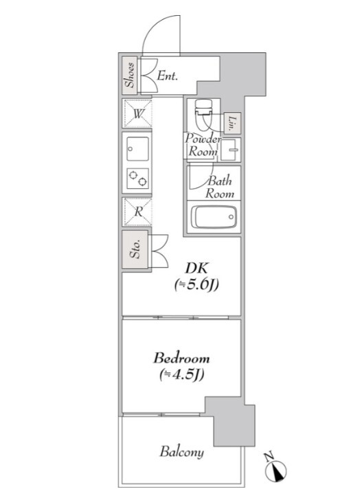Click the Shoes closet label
[x=130, y=76]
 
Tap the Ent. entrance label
[x=168, y=76]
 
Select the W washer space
[x=137, y=114]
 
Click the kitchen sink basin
[x=138, y=148]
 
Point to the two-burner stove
[x=138, y=179]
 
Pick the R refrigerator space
[x=137, y=212]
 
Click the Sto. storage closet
[x=135, y=249]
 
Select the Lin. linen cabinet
[x=232, y=123]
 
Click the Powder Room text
[x=203, y=145]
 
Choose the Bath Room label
[x=220, y=188]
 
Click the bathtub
[x=216, y=217]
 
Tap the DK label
[x=196, y=269]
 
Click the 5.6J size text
[x=196, y=285]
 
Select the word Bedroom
[x=181, y=359]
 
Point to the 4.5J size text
[x=181, y=375]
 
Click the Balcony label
[x=181, y=451]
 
